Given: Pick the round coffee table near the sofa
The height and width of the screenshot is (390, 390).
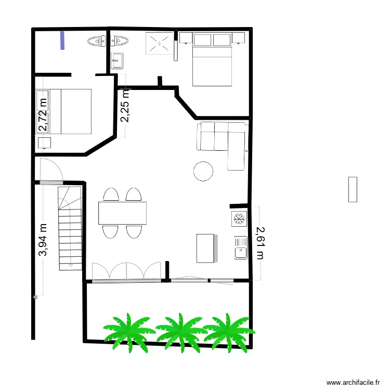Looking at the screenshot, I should pos(203,171).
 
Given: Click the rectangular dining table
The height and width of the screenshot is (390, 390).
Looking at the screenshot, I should pos(122,213).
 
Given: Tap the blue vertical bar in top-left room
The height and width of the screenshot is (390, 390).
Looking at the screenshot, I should pos(63,41).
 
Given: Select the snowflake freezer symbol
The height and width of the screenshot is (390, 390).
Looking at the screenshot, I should pos(239,219).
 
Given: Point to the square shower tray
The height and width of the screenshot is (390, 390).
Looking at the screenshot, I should pos(159,43).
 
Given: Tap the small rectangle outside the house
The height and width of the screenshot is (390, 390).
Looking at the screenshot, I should pos(353,189).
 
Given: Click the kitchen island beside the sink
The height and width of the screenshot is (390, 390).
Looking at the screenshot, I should pos(205,248).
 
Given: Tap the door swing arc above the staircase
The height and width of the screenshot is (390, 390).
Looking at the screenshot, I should pos(53,169).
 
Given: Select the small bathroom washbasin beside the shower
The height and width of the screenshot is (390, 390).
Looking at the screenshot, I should pos(116,60).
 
